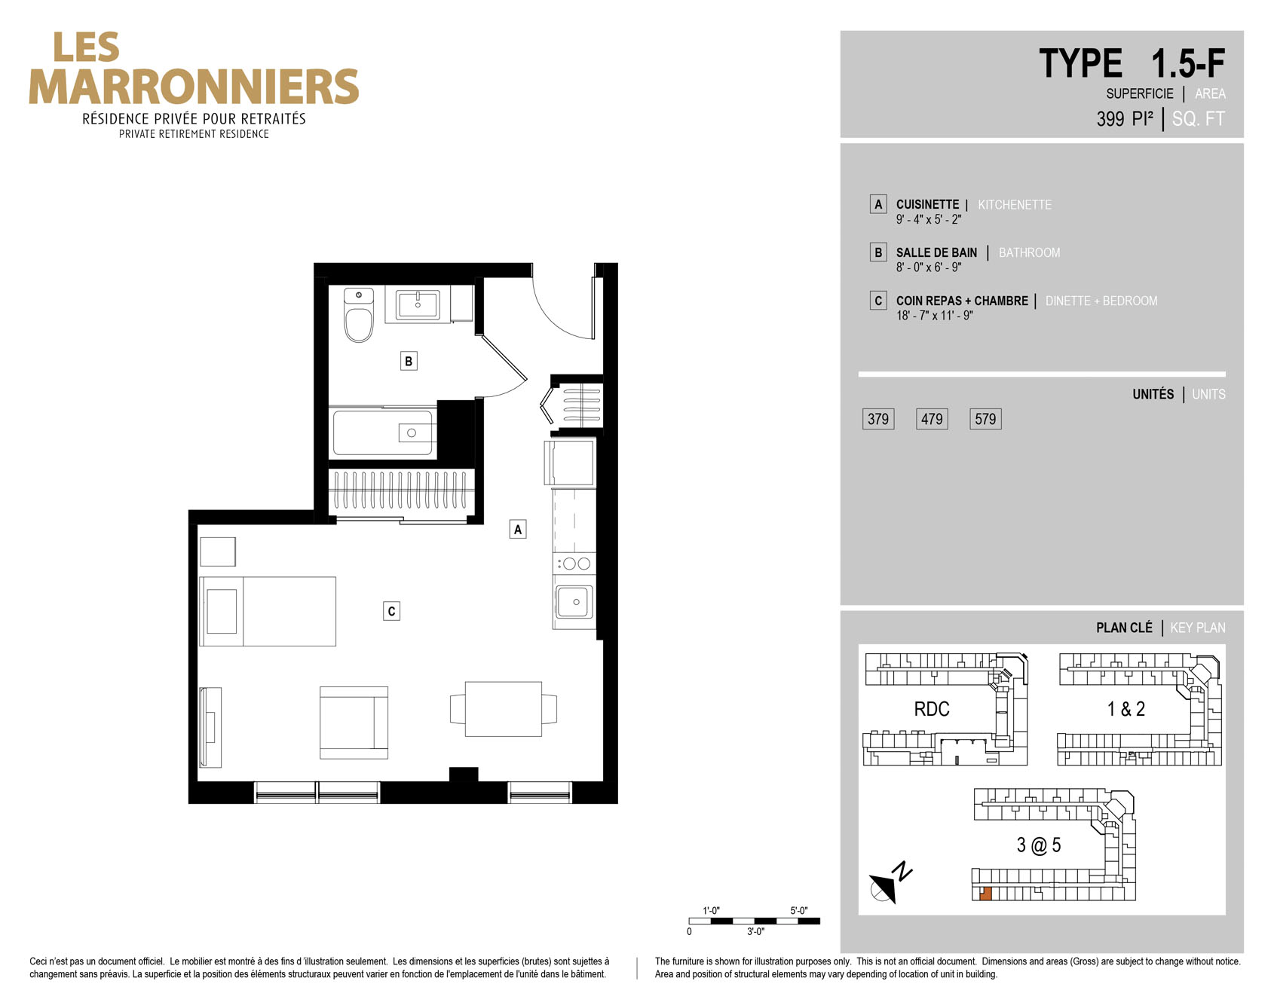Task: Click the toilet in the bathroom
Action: click(359, 314)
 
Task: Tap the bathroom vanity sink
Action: click(418, 304)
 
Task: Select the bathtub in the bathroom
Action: click(383, 432)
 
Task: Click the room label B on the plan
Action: click(409, 361)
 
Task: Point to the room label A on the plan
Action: click(518, 530)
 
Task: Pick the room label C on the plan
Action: click(391, 611)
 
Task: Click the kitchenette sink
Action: click(574, 602)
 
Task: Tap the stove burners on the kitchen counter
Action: click(574, 563)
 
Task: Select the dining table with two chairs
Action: click(504, 709)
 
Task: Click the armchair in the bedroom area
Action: click(354, 722)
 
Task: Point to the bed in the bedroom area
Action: click(268, 611)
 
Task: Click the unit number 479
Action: click(932, 419)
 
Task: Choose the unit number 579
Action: click(985, 419)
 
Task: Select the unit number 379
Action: click(878, 419)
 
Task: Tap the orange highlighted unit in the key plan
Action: click(985, 894)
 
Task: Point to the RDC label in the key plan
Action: click(932, 709)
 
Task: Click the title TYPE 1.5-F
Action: click(1132, 63)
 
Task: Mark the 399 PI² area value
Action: click(1125, 119)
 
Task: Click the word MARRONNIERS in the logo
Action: click(194, 87)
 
